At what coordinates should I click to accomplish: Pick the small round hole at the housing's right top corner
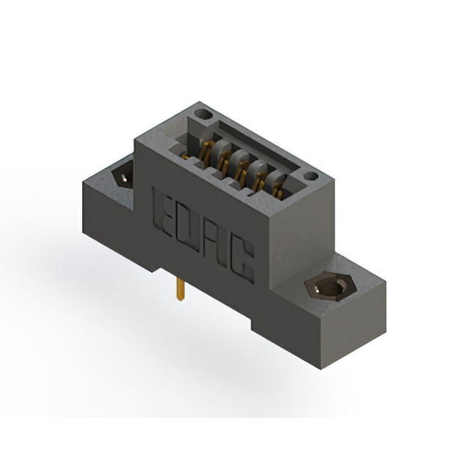tap(311, 177)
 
